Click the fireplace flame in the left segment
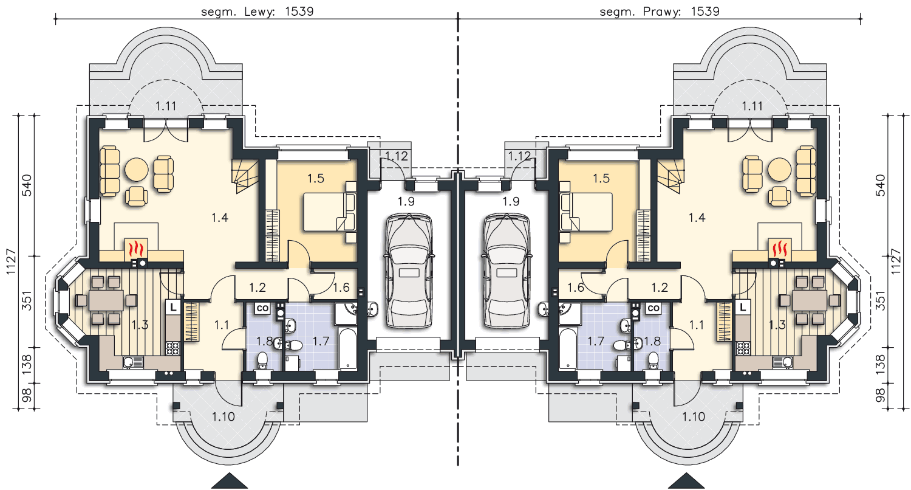(137, 248)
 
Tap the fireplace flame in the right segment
(780, 248)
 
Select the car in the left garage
(409, 271)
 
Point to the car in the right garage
(507, 271)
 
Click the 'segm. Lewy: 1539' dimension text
(258, 12)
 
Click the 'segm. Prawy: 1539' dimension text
(660, 12)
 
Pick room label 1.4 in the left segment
(220, 218)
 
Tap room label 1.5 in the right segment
(601, 178)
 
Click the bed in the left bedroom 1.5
(329, 212)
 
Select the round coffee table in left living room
(137, 169)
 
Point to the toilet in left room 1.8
(263, 360)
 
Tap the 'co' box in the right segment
(653, 308)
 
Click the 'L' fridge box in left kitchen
(173, 308)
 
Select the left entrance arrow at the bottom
(230, 481)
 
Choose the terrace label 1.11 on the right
(752, 106)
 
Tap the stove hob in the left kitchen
(173, 348)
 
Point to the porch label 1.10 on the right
(694, 417)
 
